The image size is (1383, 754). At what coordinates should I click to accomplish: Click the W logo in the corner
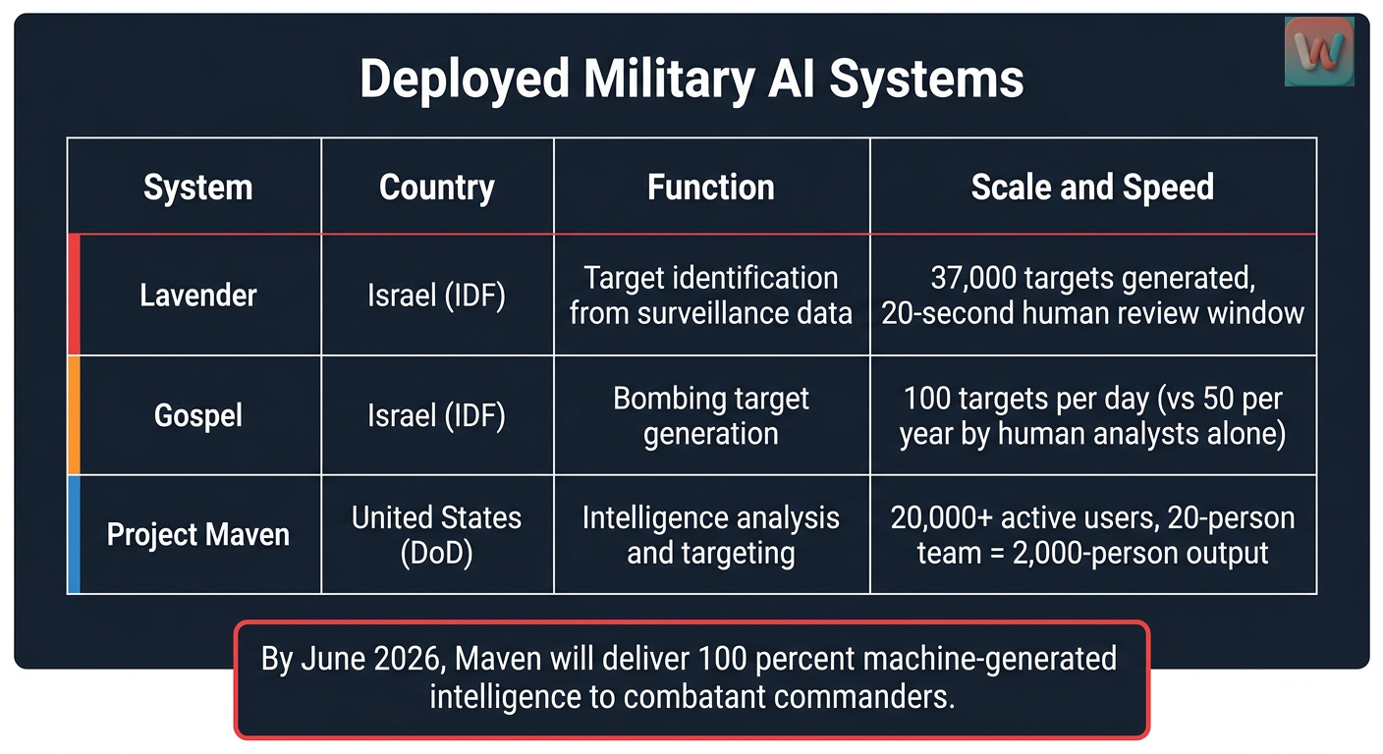click(x=1319, y=51)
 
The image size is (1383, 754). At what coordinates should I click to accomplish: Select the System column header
click(x=197, y=188)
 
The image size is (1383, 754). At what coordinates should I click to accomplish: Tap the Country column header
click(x=437, y=188)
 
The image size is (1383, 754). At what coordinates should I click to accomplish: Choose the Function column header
click(x=710, y=188)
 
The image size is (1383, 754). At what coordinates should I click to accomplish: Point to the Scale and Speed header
click(x=1092, y=188)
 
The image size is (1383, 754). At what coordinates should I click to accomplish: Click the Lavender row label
click(x=197, y=296)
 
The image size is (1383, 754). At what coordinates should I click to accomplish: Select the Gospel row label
click(x=197, y=415)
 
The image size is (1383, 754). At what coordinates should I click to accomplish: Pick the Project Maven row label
click(x=197, y=535)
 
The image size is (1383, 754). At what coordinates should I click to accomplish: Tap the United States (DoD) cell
click(x=437, y=535)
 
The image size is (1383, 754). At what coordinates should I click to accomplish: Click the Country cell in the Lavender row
click(x=437, y=296)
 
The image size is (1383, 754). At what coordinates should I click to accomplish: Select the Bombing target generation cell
click(x=710, y=415)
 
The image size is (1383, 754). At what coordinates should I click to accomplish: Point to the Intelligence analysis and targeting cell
click(x=710, y=535)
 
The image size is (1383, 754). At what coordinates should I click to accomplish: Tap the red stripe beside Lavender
click(x=74, y=296)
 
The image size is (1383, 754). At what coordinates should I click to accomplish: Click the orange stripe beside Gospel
click(x=74, y=415)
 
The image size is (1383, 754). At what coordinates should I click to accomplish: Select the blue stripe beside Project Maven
click(x=74, y=535)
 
